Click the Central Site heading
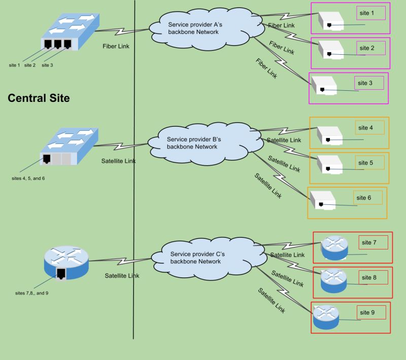click(39, 98)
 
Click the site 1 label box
click(371, 13)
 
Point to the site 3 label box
click(368, 83)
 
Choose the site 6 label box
click(367, 198)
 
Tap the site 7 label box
click(373, 243)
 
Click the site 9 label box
click(371, 313)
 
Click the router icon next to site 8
click(333, 280)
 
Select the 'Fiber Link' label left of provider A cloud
click(116, 46)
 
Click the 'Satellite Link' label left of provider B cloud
click(118, 161)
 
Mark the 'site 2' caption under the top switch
click(30, 65)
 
